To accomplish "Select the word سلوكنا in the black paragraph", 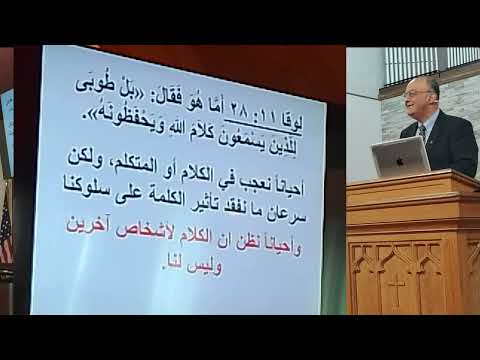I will [87, 212].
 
